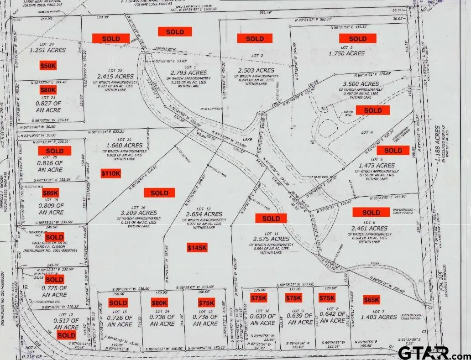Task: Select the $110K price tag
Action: pyautogui.click(x=111, y=173)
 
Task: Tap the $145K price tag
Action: pyautogui.click(x=197, y=247)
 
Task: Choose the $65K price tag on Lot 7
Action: pyautogui.click(x=372, y=300)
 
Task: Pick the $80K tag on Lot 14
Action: pyautogui.click(x=159, y=303)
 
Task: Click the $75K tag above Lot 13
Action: pyautogui.click(x=206, y=303)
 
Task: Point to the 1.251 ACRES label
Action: pyautogui.click(x=47, y=51)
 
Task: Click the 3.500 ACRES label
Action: pyautogui.click(x=360, y=84)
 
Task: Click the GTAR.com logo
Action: pyautogui.click(x=430, y=352)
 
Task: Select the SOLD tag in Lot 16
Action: pyautogui.click(x=159, y=193)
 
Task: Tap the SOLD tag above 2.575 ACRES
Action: pyautogui.click(x=271, y=219)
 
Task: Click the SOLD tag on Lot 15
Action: pyautogui.click(x=118, y=303)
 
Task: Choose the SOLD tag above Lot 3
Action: pyautogui.click(x=357, y=38)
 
